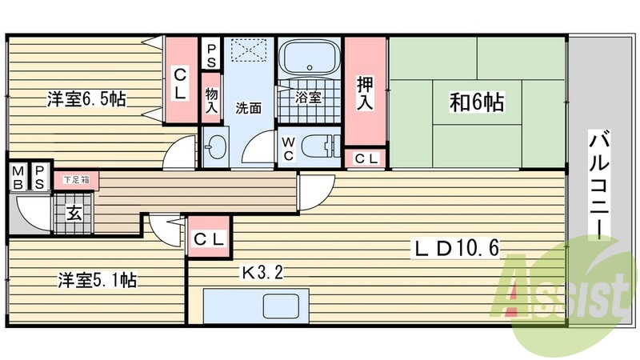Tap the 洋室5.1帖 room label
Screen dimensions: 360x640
coord(96,281)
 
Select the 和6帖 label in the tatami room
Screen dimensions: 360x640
coord(477,103)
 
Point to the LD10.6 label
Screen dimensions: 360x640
coord(457,249)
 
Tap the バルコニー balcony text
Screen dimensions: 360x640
coord(597,183)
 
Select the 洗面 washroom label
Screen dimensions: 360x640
coord(247,109)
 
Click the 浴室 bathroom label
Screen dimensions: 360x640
coord(308,98)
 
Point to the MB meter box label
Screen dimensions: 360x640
coord(17,176)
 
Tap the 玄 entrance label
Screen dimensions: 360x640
coord(73,214)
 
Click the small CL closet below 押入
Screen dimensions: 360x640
coord(366,158)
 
